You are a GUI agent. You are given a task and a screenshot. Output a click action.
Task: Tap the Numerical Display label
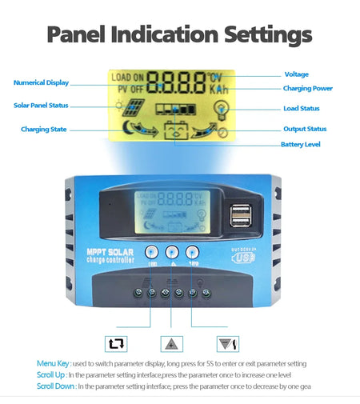pos(41,82)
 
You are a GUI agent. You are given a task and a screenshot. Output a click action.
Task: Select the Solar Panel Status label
pos(41,105)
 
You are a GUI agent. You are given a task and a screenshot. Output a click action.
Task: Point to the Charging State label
pos(43,129)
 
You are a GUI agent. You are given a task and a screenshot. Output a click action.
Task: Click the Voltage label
pos(296,74)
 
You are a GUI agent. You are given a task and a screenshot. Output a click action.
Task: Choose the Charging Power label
pos(308,88)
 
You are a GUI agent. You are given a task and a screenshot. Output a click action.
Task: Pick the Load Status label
pos(302,108)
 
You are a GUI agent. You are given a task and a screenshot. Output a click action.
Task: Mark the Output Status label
pos(305,129)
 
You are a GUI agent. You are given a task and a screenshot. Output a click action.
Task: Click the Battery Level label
pos(301,145)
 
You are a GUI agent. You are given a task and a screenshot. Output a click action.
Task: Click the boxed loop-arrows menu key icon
pos(117,344)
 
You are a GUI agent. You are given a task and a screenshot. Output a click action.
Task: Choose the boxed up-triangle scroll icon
pos(170,344)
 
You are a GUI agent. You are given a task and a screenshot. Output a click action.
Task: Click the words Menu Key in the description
pos(54,364)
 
